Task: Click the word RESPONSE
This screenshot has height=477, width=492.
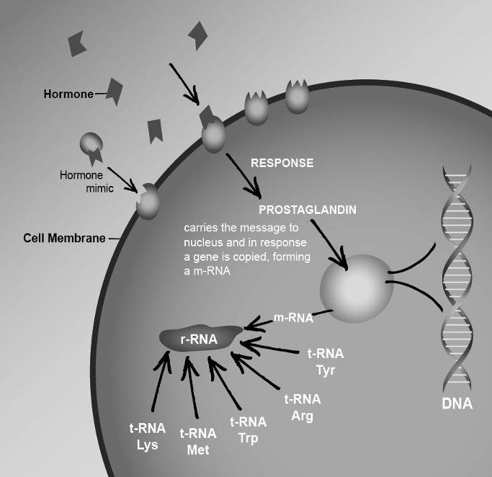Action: coord(282,163)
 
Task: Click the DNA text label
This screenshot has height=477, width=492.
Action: coord(457,403)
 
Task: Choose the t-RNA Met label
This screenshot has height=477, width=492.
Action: coord(197,441)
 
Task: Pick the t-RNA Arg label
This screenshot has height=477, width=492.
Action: coord(303,408)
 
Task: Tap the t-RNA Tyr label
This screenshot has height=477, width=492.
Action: coord(326,362)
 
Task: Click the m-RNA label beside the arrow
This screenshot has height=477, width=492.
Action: coord(294,317)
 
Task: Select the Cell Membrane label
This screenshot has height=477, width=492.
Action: coord(64,238)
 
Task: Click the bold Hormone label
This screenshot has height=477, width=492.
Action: coord(68,94)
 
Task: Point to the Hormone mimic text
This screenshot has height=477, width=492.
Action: coord(81,182)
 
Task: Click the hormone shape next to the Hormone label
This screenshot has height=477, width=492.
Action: coord(115,91)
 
